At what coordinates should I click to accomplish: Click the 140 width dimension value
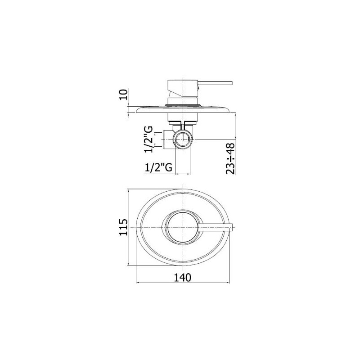pyautogui.click(x=182, y=278)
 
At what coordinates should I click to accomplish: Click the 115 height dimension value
pyautogui.click(x=123, y=227)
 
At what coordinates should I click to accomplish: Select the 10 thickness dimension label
pyautogui.click(x=123, y=94)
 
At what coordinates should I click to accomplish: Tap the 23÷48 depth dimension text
pyautogui.click(x=230, y=159)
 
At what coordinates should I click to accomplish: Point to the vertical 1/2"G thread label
pyautogui.click(x=148, y=139)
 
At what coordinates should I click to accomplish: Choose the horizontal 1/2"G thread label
pyautogui.click(x=158, y=167)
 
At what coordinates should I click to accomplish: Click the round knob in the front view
pyautogui.click(x=183, y=227)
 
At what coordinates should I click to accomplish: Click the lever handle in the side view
pyautogui.click(x=216, y=83)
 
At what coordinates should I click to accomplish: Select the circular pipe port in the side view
pyautogui.click(x=183, y=139)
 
